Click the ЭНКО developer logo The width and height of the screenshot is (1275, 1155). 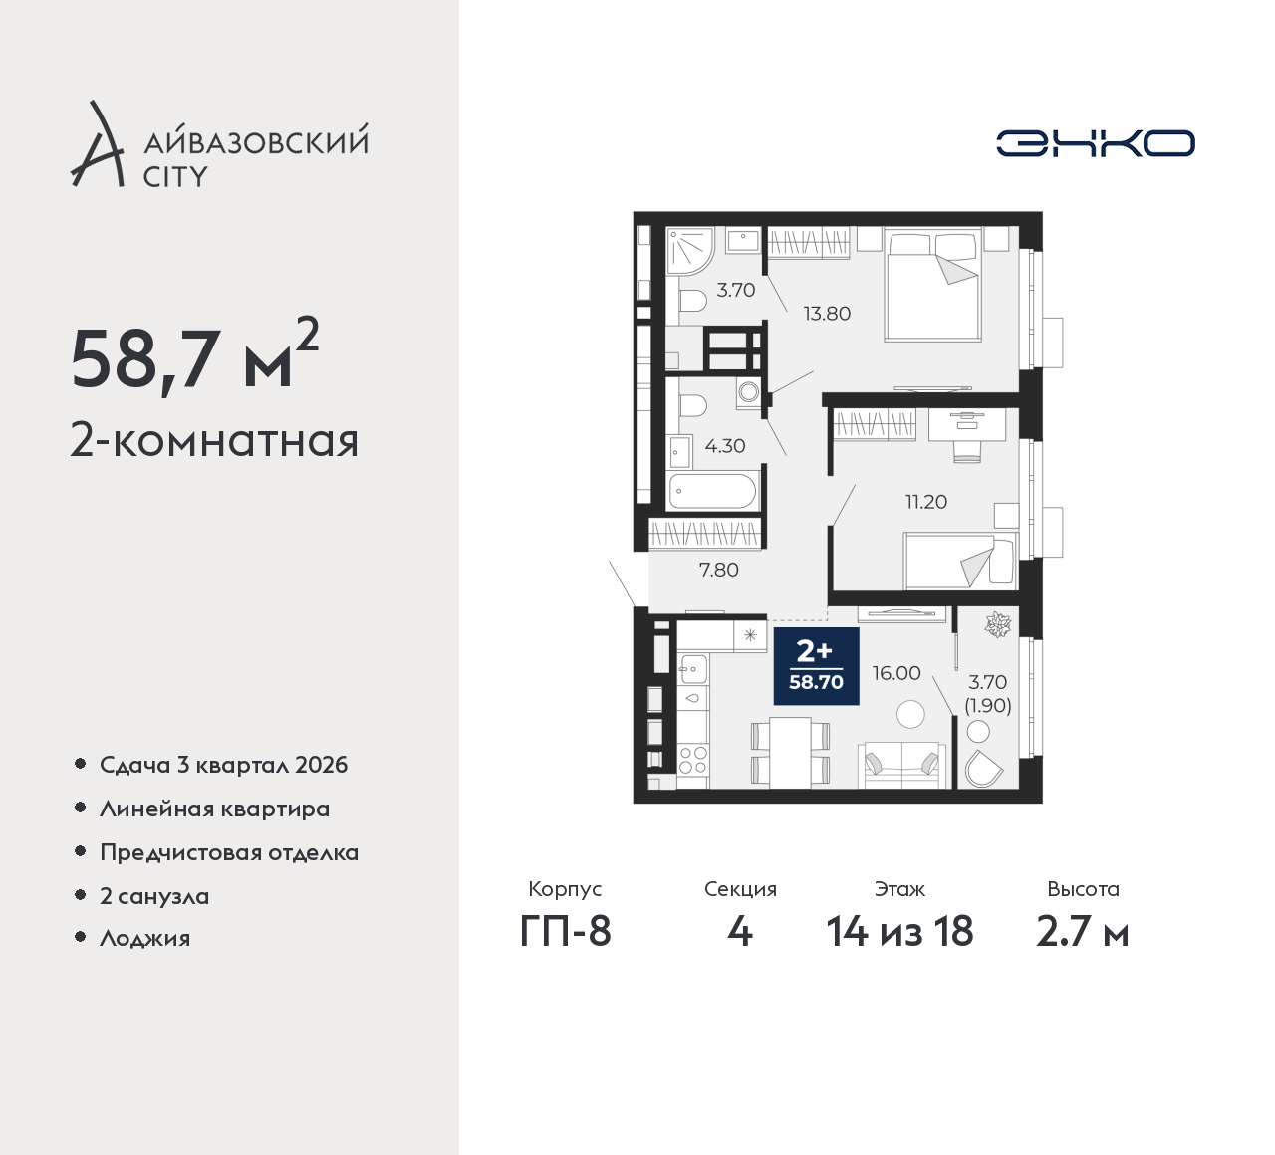[1095, 143]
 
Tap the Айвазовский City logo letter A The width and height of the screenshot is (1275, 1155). [97, 143]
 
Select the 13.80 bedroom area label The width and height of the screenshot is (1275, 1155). [827, 314]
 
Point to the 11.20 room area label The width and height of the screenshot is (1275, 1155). [926, 502]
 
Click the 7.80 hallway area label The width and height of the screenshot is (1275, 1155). [719, 570]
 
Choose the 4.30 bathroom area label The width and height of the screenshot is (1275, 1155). [725, 445]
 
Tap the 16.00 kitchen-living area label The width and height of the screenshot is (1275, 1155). [896, 673]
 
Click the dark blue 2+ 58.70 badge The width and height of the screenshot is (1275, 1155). [816, 666]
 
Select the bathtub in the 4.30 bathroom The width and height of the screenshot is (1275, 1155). [713, 492]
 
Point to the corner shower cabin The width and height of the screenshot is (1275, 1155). [689, 250]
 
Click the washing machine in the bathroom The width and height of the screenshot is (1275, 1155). [749, 392]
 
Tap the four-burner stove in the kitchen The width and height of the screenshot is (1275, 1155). [693, 760]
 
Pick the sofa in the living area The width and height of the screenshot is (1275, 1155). [901, 765]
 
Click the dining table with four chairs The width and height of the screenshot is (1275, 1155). [790, 752]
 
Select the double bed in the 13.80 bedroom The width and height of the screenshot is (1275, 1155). [933, 285]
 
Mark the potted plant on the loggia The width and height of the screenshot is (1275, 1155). [997, 625]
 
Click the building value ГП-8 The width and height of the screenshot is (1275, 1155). [565, 931]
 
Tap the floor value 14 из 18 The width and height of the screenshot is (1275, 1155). [899, 931]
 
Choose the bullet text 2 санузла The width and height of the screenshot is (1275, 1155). [154, 896]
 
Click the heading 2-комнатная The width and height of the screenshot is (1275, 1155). [214, 441]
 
